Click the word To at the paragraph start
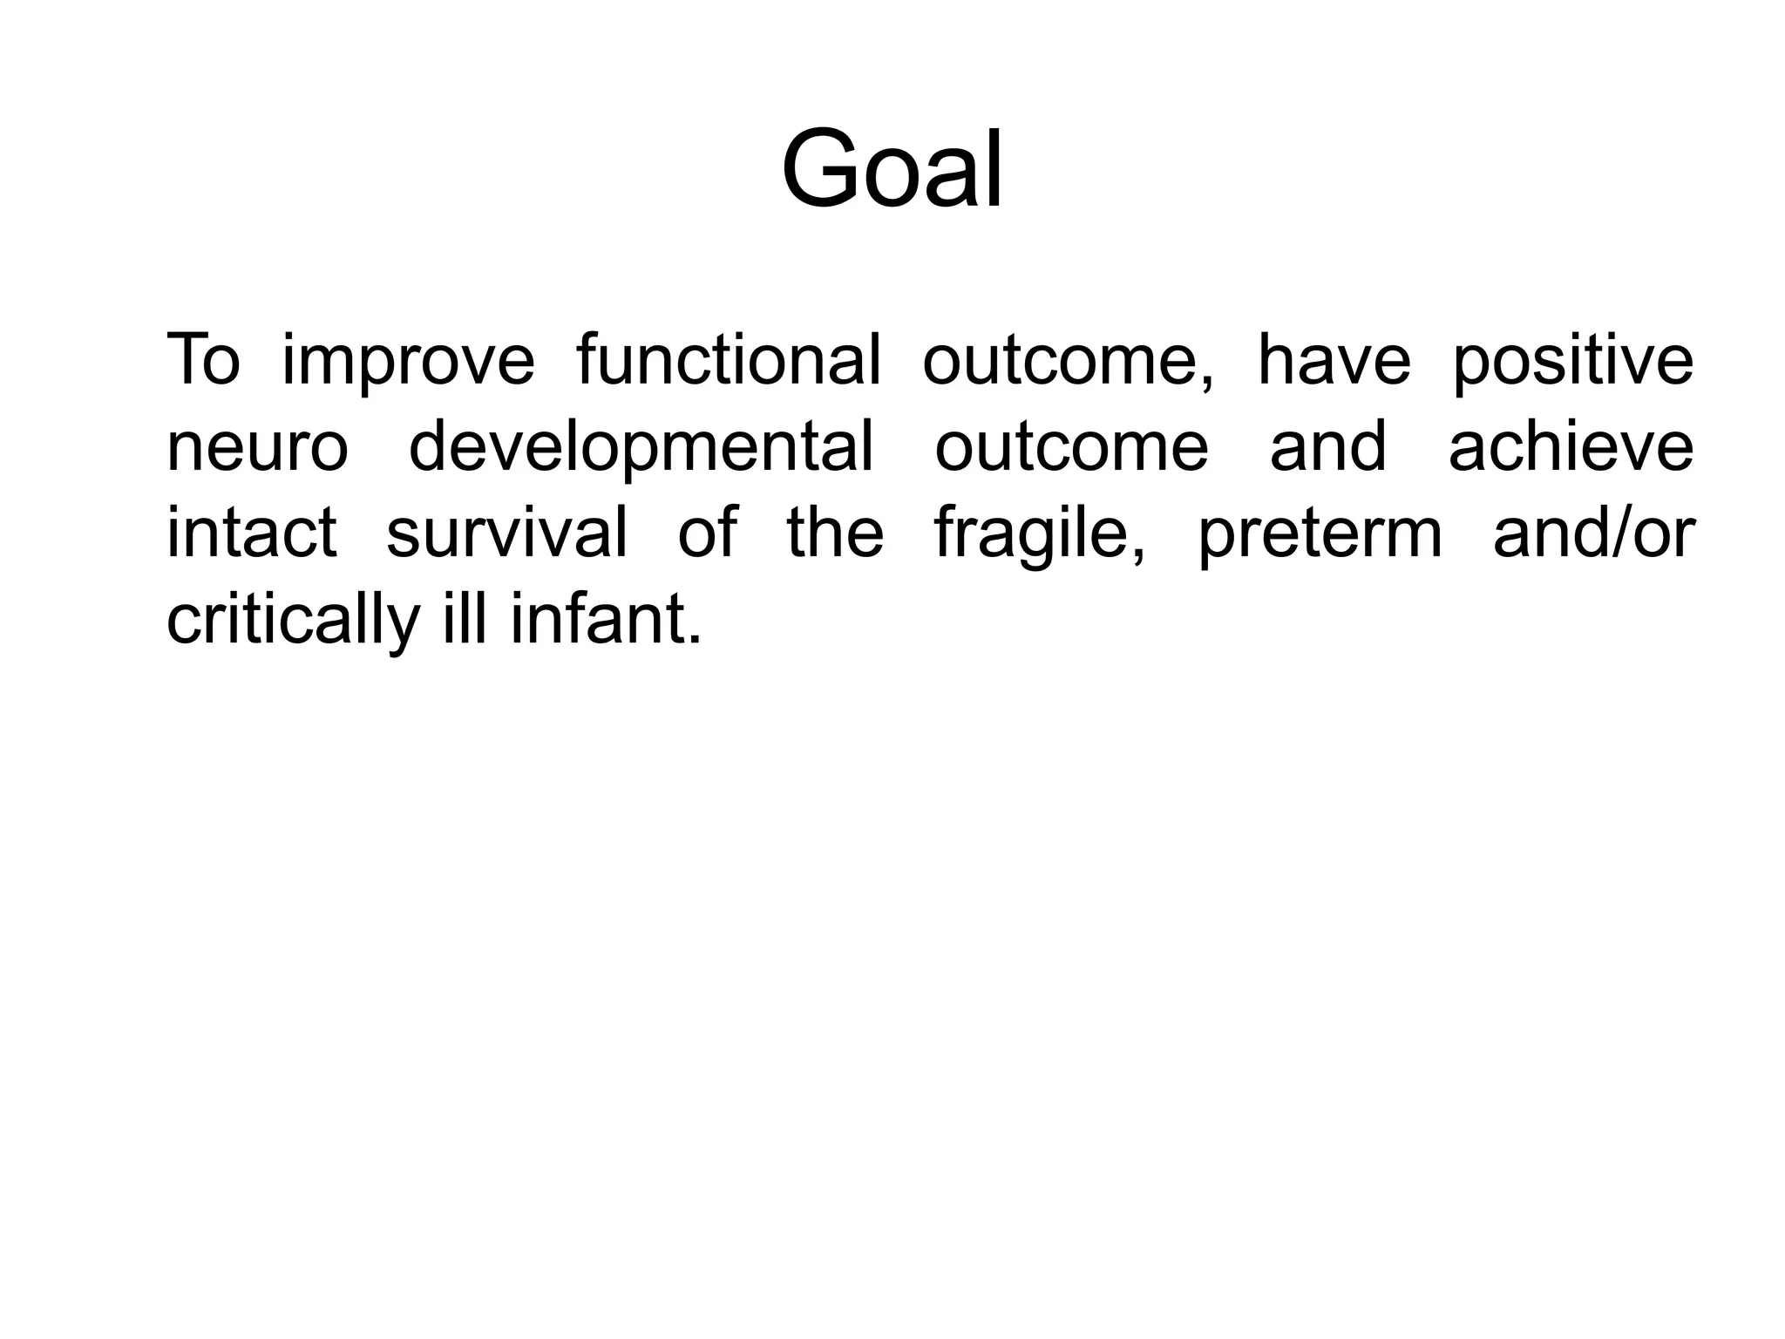[202, 359]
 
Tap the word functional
[729, 359]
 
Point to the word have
[1334, 359]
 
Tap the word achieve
[1571, 446]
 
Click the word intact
[251, 533]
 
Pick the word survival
[506, 533]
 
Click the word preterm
[1320, 534]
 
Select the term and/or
[1594, 533]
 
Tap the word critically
[293, 621]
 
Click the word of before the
[707, 533]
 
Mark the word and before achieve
[1327, 446]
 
